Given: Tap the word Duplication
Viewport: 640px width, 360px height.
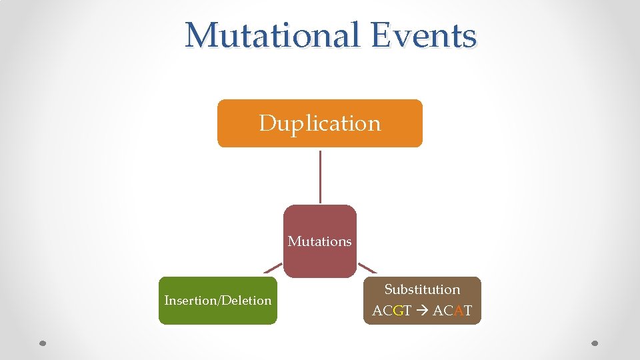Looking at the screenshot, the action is point(320,123).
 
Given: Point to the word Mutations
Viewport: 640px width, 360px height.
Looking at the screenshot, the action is point(320,241).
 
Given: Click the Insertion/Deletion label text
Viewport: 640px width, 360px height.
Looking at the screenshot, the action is point(217,301).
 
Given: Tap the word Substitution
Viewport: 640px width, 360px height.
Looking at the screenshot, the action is point(422,289).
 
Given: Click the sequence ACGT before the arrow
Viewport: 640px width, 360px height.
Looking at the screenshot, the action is point(392,311).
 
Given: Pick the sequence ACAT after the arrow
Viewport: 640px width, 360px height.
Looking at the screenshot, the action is point(453,311).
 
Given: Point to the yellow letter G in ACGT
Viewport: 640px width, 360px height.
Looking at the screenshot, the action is point(398,311).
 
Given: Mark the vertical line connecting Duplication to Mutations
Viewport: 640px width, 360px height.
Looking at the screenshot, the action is point(320,176).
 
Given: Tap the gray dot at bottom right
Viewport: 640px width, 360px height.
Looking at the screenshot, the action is point(595,343).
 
